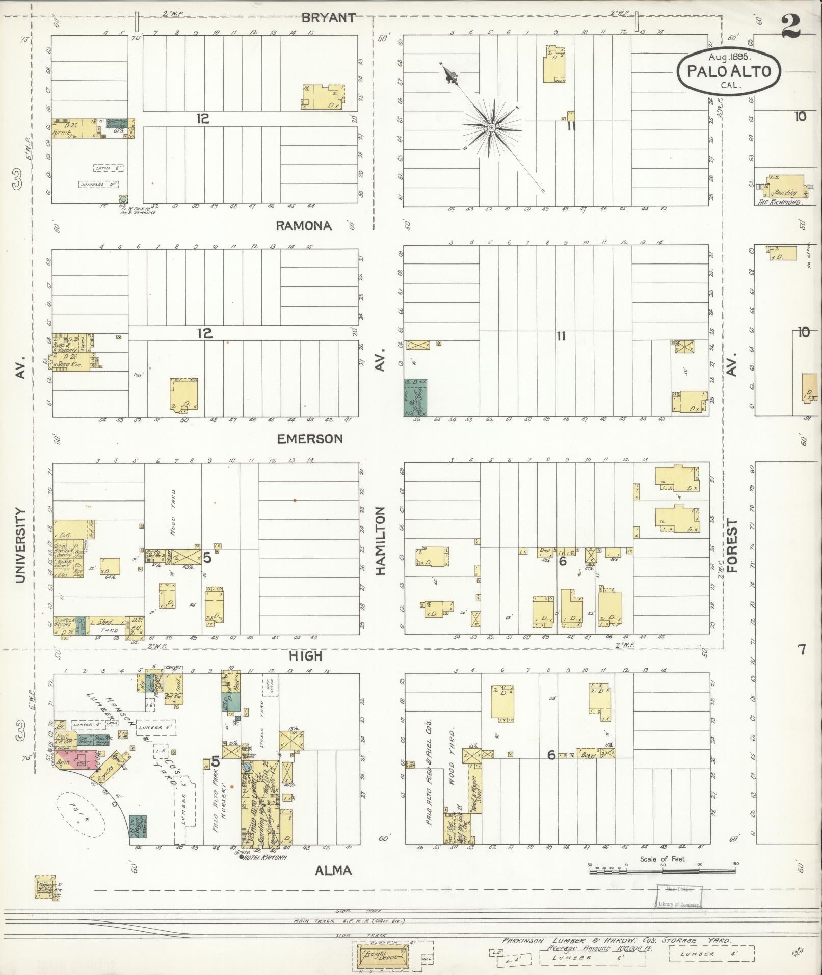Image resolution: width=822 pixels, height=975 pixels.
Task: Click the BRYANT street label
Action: tap(328, 17)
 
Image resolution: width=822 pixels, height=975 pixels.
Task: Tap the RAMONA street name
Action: tap(304, 226)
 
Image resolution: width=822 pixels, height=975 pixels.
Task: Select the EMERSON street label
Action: tap(310, 439)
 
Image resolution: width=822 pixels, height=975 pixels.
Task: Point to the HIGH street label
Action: tap(306, 656)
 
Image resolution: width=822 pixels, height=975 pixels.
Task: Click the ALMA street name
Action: tap(333, 870)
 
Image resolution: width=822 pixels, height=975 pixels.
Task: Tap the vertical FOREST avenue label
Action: tap(732, 546)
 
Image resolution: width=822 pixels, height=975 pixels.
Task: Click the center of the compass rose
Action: tap(491, 127)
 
